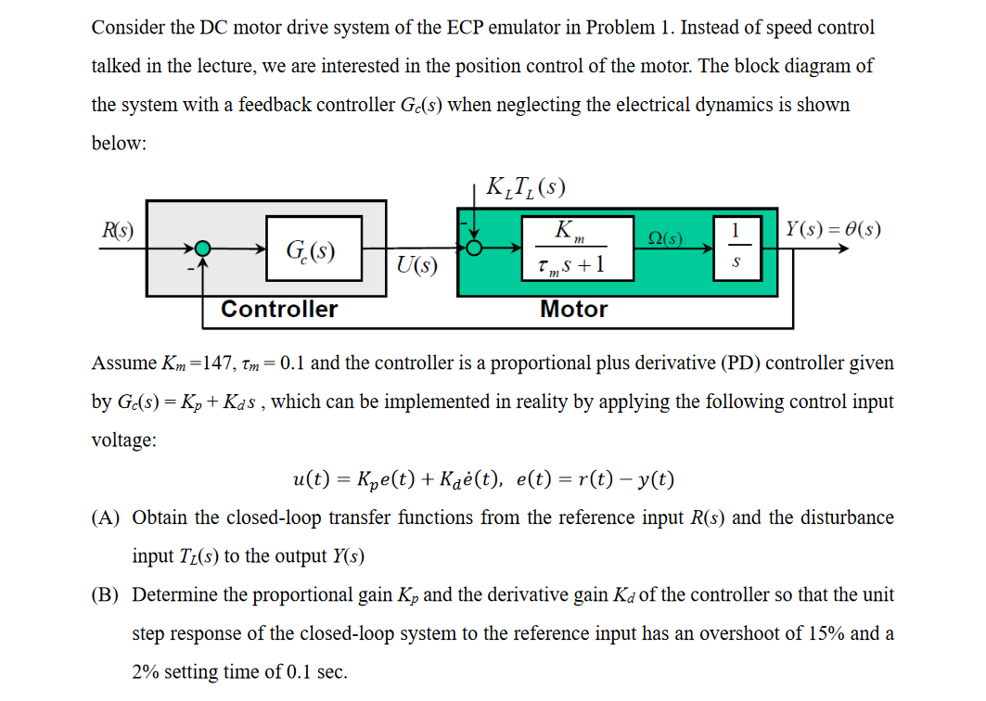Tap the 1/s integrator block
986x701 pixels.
click(x=735, y=247)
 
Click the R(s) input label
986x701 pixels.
click(x=117, y=231)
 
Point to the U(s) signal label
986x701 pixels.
click(x=416, y=267)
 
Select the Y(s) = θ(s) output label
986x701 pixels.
click(x=833, y=229)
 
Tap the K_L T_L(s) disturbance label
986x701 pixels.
click(x=525, y=188)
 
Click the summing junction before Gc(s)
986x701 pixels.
click(x=203, y=249)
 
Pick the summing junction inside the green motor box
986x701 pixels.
click(x=475, y=248)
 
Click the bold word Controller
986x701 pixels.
click(x=279, y=310)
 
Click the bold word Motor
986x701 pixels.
click(x=574, y=310)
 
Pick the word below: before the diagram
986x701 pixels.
click(x=120, y=145)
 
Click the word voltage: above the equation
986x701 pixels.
click(x=124, y=440)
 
